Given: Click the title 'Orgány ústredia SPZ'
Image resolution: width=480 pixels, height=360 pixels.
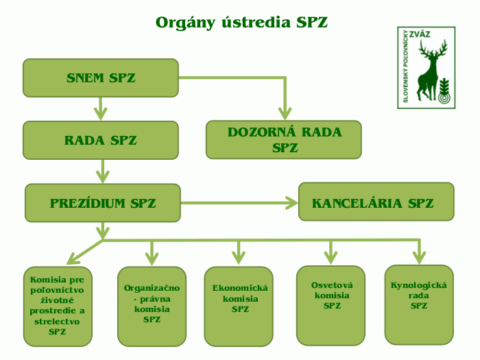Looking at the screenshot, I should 241,23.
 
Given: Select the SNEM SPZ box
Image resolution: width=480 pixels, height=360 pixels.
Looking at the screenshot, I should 101,77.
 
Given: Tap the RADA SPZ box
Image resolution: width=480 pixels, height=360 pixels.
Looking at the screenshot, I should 101,141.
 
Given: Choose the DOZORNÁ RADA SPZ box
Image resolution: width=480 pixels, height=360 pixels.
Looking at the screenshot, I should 285,140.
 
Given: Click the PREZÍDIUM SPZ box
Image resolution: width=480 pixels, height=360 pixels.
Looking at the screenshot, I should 103,203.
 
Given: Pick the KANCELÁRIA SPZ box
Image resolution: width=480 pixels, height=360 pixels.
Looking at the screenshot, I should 376,202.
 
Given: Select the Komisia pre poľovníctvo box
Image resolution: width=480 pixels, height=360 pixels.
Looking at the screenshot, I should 58,306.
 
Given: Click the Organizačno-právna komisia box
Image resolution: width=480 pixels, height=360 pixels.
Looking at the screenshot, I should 152,305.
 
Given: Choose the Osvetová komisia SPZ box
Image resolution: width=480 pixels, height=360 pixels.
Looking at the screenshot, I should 331,304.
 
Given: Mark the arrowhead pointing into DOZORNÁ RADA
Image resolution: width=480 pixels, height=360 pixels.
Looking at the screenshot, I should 285,114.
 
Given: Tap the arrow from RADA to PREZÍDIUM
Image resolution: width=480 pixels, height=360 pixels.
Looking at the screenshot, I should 103,171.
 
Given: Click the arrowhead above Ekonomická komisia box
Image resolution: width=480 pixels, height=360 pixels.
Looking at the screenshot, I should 239,257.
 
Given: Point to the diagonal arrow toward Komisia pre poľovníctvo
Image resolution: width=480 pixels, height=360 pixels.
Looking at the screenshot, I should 84,252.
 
